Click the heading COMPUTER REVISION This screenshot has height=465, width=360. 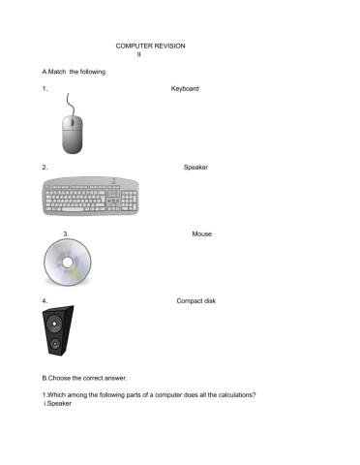[x=150, y=46]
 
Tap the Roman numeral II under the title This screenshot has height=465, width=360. [x=138, y=54]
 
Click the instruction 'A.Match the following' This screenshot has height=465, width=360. [x=74, y=72]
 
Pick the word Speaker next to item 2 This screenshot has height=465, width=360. [x=195, y=168]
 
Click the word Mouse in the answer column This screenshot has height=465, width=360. [x=201, y=233]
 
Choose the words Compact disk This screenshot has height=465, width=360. [x=196, y=301]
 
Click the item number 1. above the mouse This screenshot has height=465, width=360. [x=45, y=89]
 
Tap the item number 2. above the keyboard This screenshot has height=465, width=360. [x=45, y=168]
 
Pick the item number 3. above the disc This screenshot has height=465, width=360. [x=65, y=233]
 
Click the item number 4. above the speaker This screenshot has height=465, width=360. [x=45, y=301]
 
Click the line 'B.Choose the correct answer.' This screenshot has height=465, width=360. [x=84, y=377]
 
